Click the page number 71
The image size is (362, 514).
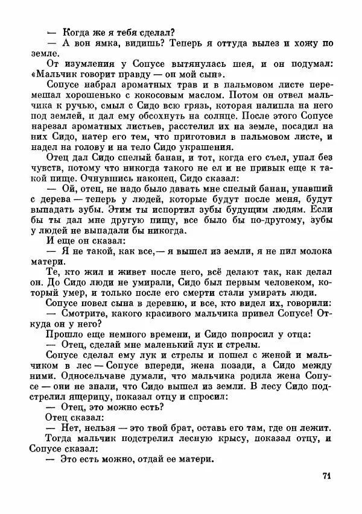tap(326, 475)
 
